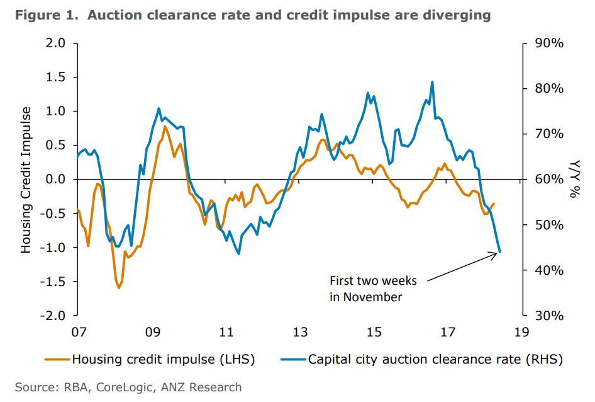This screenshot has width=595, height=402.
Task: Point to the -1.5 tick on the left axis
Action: click(55, 282)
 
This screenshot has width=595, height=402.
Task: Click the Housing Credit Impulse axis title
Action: click(26, 180)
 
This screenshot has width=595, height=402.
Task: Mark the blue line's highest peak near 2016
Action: click(432, 82)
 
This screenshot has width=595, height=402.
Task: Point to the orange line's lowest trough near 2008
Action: click(119, 288)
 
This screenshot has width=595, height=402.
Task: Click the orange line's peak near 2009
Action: click(165, 127)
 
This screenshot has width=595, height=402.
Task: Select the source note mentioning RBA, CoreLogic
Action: click(128, 387)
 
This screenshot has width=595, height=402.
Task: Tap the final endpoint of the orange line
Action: click(494, 204)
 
